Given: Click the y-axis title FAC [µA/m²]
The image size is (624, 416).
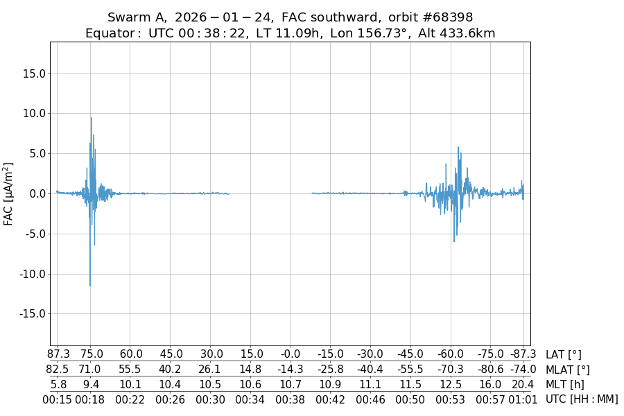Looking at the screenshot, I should [9, 193].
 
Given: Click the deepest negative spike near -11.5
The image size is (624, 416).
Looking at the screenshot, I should [89, 285].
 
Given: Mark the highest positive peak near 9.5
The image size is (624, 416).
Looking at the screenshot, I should [91, 118].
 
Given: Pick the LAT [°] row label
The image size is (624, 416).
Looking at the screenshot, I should [564, 355].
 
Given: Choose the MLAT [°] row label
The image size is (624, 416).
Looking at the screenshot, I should [568, 370].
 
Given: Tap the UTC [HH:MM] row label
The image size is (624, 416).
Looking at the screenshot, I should [582, 399].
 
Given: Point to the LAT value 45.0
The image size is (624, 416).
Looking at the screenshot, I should [171, 355].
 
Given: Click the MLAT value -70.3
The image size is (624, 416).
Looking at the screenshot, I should [451, 370].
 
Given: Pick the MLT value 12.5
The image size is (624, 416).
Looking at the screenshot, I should [451, 384].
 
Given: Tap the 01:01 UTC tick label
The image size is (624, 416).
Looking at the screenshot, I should [523, 399].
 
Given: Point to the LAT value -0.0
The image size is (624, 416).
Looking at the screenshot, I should [291, 355].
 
